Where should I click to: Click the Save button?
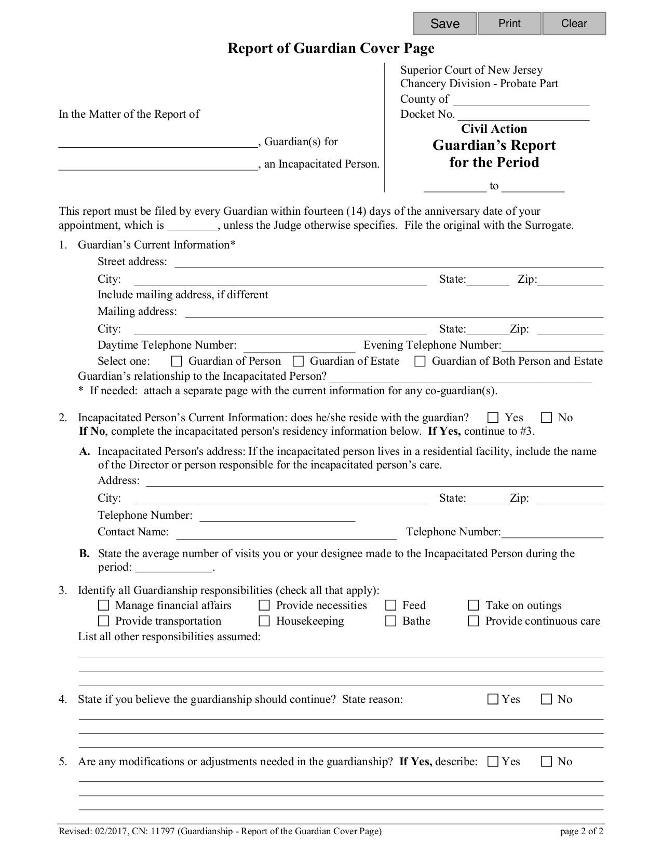coord(445,23)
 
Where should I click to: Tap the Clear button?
coord(574,23)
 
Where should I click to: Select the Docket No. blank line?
coord(523,115)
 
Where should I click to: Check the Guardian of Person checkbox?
coord(177,361)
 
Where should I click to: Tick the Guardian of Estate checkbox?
coord(298,361)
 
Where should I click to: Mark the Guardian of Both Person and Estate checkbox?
coord(420,361)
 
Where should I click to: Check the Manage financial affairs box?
coord(104,605)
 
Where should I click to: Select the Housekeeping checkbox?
coord(264,621)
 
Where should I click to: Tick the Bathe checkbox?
coord(390,621)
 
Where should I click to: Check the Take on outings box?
coord(473,605)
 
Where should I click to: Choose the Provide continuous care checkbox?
coord(473,621)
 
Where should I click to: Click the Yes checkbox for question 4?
coord(493,699)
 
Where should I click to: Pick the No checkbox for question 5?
coord(546,762)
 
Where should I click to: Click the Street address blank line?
coord(388,263)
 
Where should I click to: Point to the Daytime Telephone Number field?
coord(299,346)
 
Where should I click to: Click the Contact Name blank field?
coord(286,533)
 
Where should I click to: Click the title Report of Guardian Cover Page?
coord(331,48)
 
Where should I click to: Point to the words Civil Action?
coord(494,129)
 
